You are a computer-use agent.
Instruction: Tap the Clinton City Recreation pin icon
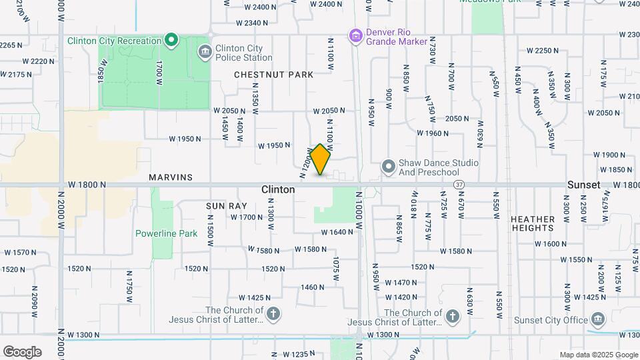171,41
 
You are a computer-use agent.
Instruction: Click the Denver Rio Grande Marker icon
356,35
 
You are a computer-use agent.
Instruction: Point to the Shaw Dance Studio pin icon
389,165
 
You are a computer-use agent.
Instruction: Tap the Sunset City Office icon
597,319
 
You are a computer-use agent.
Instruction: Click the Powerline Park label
167,233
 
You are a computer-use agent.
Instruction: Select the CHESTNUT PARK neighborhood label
273,75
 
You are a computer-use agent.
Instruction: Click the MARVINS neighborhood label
171,177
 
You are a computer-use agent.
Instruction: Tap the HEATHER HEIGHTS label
533,223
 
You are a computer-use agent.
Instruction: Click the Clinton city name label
278,189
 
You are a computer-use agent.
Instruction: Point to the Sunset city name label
584,185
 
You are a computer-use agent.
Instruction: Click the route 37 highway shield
459,184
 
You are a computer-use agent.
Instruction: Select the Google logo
22,351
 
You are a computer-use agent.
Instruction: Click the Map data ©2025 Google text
598,355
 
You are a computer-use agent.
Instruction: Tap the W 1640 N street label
337,233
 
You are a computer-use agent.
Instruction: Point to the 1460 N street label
312,287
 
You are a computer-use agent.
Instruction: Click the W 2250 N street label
542,50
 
